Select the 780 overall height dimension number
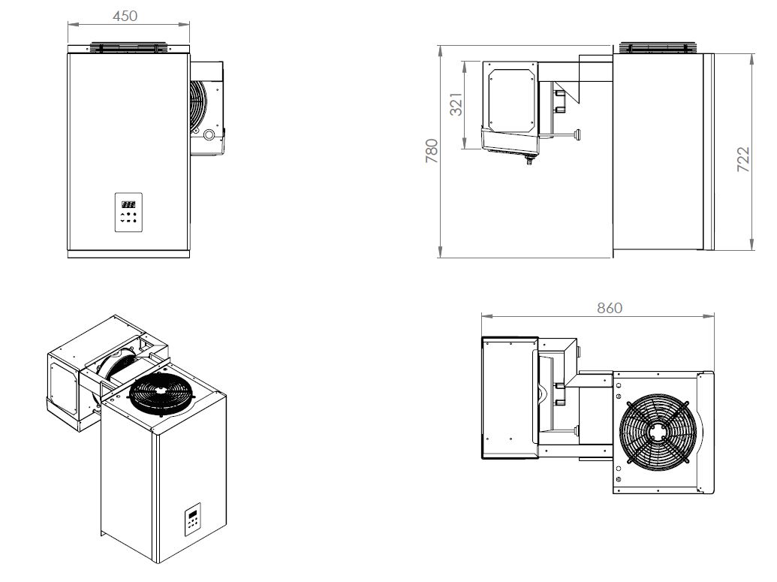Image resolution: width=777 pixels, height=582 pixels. [432, 152]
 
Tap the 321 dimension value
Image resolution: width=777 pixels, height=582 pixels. [456, 104]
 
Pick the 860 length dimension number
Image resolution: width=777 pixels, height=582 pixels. [609, 308]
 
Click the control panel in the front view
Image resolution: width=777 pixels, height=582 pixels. [128, 213]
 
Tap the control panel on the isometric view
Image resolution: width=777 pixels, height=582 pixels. [193, 520]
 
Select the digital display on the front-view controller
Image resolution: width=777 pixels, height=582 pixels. [128, 204]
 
